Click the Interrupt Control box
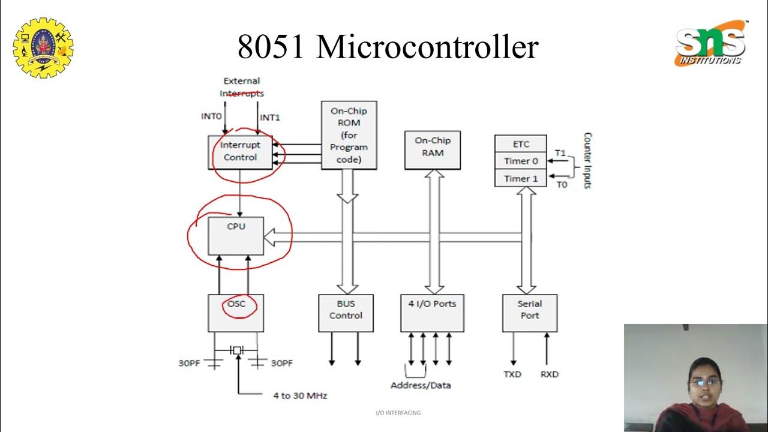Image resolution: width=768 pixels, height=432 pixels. click(240, 152)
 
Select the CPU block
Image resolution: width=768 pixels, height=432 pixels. click(236, 236)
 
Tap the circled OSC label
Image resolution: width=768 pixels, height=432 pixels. click(236, 304)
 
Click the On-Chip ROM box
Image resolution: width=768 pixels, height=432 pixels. click(349, 135)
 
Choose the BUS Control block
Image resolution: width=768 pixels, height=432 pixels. click(346, 313)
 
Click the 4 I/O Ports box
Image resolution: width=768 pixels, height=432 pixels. click(432, 313)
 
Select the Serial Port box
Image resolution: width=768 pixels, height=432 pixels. click(529, 313)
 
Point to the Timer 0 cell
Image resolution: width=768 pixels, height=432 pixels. click(520, 161)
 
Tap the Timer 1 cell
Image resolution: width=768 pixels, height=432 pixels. click(520, 178)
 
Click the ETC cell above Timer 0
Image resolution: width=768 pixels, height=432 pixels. click(520, 144)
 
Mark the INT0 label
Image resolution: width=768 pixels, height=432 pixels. click(211, 116)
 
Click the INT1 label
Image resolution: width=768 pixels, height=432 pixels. click(270, 118)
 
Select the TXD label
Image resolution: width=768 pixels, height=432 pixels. click(512, 374)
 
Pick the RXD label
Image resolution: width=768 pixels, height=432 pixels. click(549, 374)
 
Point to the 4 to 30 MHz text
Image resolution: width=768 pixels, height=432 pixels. click(300, 395)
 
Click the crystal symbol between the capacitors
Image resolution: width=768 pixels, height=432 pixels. click(237, 350)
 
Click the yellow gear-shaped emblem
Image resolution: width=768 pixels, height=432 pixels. click(43, 47)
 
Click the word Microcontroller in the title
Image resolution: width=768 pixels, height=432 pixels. click(427, 47)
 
